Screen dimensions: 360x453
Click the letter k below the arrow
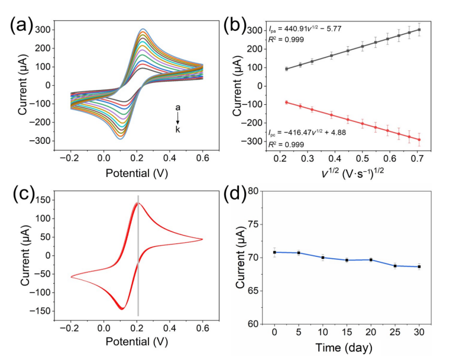click(177, 129)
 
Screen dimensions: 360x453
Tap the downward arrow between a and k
click(177, 118)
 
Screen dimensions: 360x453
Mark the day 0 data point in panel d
click(274, 252)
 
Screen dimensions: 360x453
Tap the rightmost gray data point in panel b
click(419, 30)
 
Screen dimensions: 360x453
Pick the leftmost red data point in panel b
click(286, 102)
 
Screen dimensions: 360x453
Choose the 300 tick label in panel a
click(41, 29)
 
